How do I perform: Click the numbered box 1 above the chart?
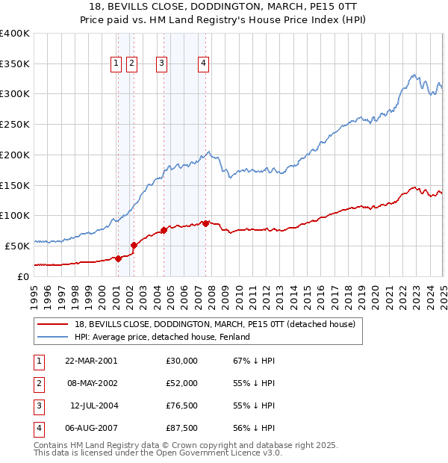tap(117, 64)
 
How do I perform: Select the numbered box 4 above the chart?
tap(203, 64)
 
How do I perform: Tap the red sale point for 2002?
tap(134, 244)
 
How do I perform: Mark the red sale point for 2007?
tap(205, 223)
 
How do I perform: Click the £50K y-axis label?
tap(18, 245)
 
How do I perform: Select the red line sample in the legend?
tap(52, 324)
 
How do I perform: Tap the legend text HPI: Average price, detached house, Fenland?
tap(162, 337)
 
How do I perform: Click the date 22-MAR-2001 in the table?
tap(92, 361)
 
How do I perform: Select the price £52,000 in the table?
tap(182, 383)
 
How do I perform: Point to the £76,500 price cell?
tap(182, 405)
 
